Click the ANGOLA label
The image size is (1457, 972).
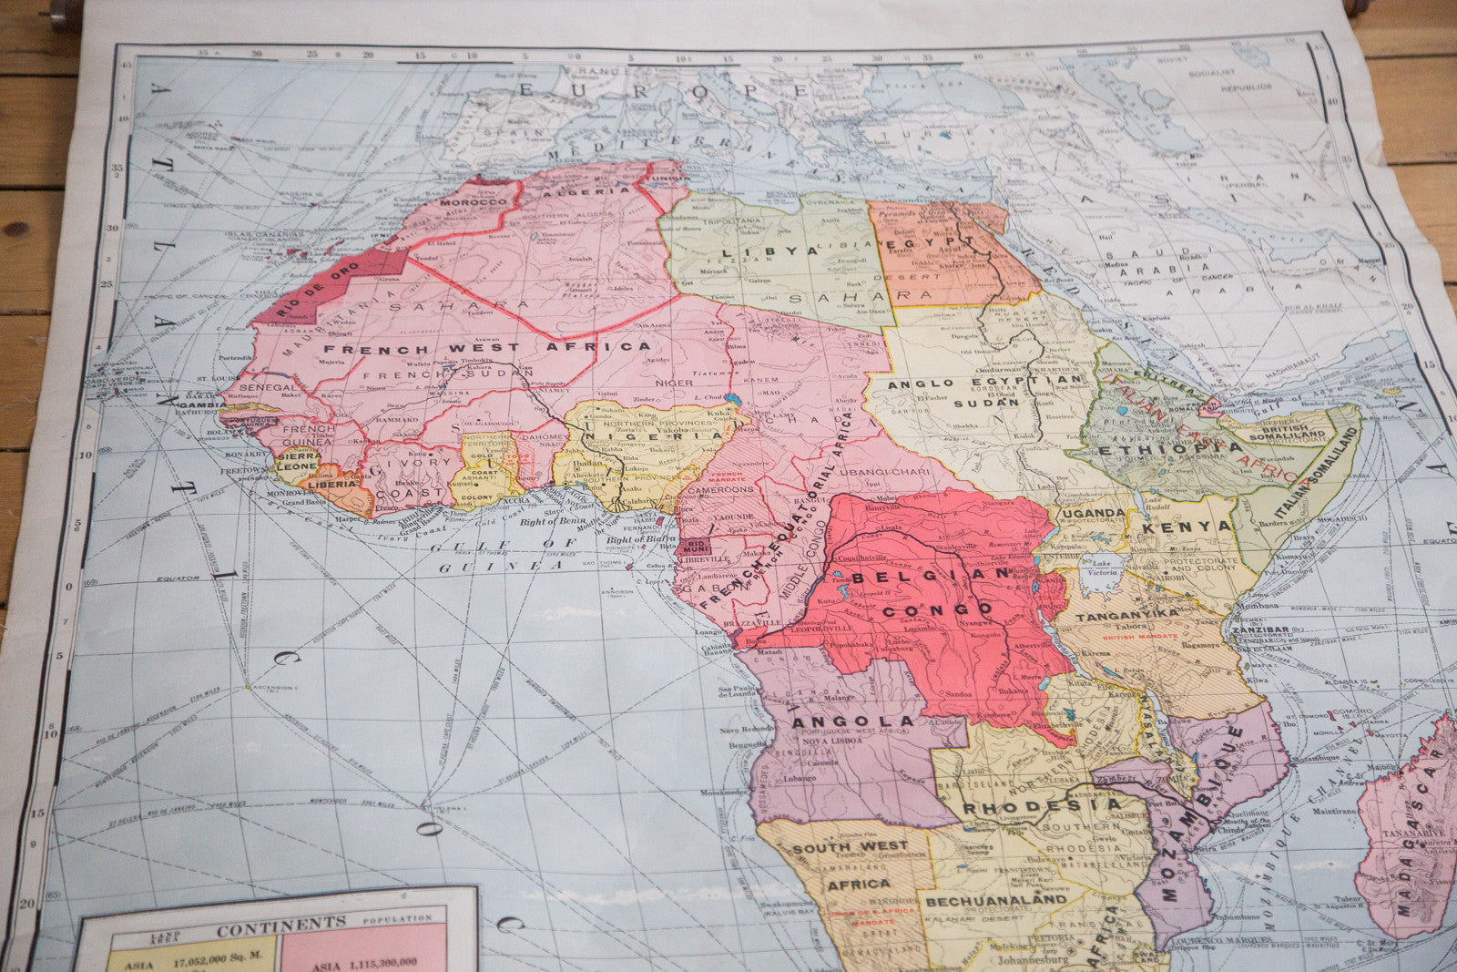838,723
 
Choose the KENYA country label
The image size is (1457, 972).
1174,526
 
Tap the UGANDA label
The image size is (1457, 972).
1091,513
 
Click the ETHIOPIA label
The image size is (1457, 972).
1168,448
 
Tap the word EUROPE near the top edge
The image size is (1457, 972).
662,89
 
